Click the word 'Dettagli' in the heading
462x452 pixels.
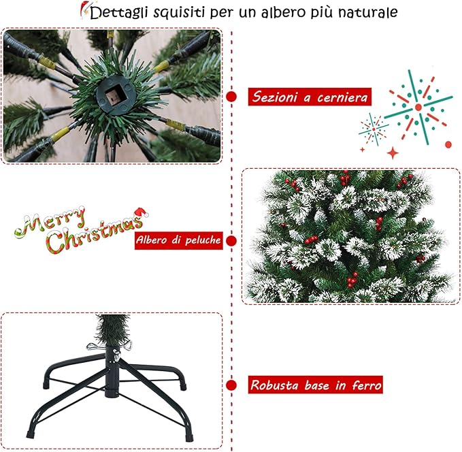[x=120, y=13]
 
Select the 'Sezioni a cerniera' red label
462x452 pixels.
[x=309, y=97]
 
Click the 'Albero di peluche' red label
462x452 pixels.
[x=179, y=240]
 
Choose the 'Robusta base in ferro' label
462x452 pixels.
[x=315, y=385]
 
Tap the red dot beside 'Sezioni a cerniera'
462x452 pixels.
[x=231, y=97]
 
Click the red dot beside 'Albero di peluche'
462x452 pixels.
[x=231, y=240]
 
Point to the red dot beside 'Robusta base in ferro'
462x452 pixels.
[x=231, y=385]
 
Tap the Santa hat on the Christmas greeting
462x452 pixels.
[x=140, y=215]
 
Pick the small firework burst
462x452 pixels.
[x=373, y=128]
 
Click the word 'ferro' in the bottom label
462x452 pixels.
[x=365, y=385]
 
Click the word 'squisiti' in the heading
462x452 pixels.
[x=181, y=13]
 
